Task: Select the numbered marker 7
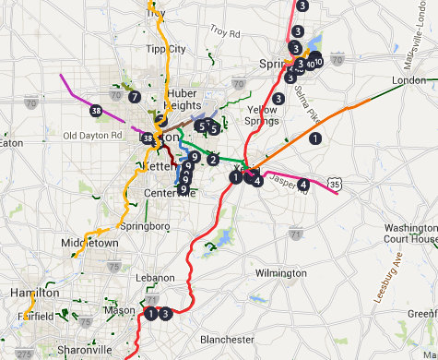134,96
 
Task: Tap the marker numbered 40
310,65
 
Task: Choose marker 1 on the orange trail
315,138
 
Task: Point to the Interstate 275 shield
24,353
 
